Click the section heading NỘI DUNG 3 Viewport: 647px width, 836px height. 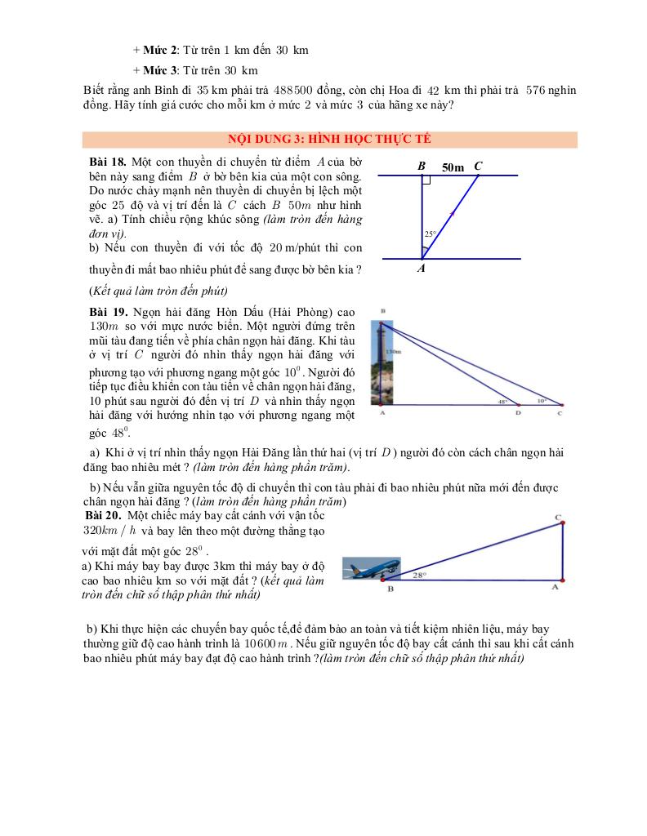coord(329,140)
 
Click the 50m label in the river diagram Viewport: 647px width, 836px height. coord(453,167)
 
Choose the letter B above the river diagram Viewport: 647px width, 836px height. coord(422,166)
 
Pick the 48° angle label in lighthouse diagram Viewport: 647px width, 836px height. coord(502,402)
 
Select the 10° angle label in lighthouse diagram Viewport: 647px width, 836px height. coord(542,401)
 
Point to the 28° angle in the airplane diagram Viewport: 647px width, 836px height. coord(420,575)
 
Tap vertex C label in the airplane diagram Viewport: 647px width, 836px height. coord(557,518)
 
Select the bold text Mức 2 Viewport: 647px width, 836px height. coord(161,51)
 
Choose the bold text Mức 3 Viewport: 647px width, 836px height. coord(161,70)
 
